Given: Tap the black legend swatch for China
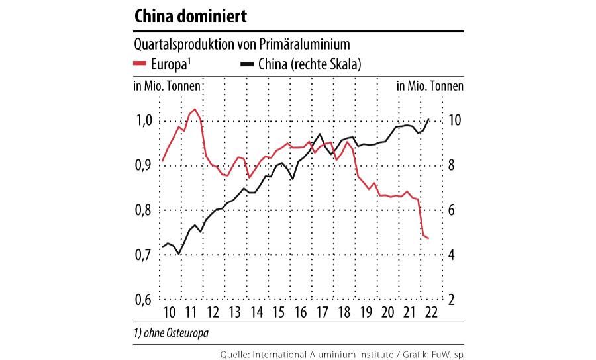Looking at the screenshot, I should tap(248, 64).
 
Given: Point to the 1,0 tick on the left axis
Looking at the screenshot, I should tap(144, 121).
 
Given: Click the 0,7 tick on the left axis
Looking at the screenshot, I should tap(144, 255).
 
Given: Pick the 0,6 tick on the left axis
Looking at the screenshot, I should tap(144, 299).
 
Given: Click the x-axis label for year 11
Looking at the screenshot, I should tap(191, 313).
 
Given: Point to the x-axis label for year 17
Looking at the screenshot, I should tap(323, 313).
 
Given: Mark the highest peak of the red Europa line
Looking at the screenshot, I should tap(195, 109).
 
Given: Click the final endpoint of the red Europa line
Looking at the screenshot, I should tap(429, 238).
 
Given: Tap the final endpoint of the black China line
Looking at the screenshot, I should tap(430, 119).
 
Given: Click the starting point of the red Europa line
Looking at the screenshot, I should tap(162, 161).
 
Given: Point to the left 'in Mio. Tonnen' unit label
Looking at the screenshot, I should tap(168, 86).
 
